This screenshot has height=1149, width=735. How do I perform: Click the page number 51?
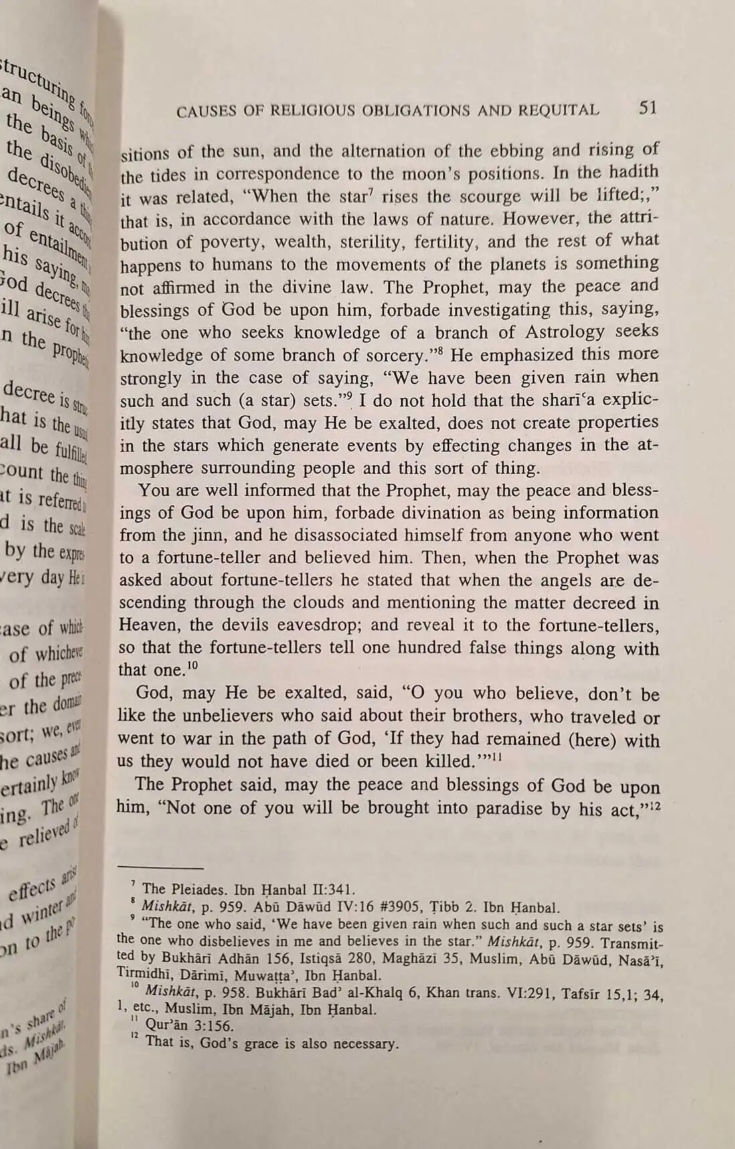647,108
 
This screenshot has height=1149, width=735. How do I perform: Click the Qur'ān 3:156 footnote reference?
189,1026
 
